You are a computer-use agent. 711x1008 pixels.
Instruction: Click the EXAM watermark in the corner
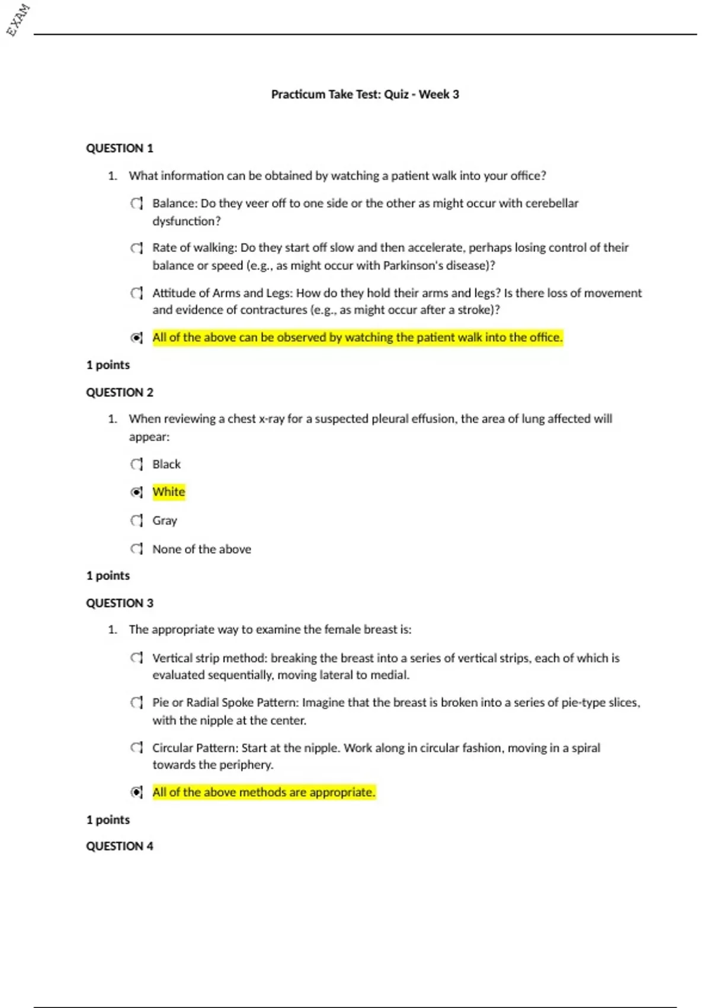[x=18, y=20]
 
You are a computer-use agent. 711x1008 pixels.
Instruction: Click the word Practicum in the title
[x=298, y=94]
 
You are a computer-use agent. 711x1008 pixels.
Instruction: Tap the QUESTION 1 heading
[x=120, y=148]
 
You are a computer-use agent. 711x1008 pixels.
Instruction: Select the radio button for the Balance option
[x=136, y=203]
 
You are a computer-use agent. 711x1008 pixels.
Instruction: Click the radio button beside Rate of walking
[x=136, y=248]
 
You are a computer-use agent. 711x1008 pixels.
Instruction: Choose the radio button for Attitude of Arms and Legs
[x=136, y=293]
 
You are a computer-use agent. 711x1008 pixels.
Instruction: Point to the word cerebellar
[x=551, y=203]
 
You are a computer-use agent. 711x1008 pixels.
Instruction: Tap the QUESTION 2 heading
[x=120, y=393]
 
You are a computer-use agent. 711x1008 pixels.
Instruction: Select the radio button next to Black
[x=136, y=464]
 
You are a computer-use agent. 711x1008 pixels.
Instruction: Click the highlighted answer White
[x=169, y=492]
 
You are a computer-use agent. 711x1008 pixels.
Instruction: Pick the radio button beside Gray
[x=136, y=521]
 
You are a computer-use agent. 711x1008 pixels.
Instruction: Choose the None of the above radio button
[x=136, y=549]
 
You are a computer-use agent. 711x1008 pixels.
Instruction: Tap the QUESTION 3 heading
[x=120, y=603]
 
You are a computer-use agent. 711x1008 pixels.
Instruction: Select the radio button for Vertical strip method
[x=136, y=658]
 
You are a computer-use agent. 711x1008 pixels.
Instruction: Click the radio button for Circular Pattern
[x=136, y=748]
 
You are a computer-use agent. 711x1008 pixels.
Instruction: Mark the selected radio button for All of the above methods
[x=136, y=792]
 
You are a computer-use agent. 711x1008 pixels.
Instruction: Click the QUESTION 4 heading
[x=120, y=846]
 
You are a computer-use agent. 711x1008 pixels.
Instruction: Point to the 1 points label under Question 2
[x=108, y=576]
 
